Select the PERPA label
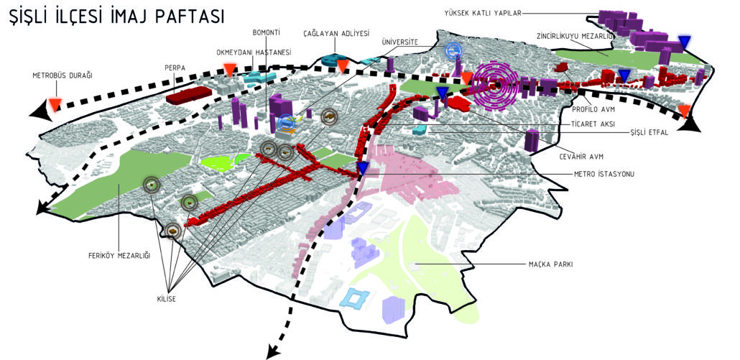click(175, 68)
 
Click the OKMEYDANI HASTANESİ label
click(254, 52)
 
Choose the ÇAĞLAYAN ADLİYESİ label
click(336, 33)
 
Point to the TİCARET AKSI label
click(591, 123)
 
